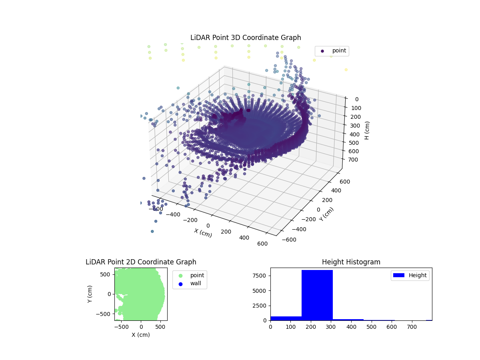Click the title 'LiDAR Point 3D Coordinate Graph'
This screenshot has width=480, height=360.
[x=246, y=38]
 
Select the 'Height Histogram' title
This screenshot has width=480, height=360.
[x=351, y=262]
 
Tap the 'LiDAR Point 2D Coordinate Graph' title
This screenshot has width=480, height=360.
[x=141, y=262]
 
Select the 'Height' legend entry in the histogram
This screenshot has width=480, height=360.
[x=410, y=275]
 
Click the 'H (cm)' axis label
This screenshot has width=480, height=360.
[x=367, y=130]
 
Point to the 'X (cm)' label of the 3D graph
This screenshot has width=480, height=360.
[x=203, y=233]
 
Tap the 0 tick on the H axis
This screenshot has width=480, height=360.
[x=356, y=99]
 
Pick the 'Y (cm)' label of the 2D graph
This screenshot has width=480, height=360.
[x=90, y=294]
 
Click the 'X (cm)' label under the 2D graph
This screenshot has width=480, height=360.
[x=141, y=335]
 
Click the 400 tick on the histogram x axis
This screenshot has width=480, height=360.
[x=351, y=327]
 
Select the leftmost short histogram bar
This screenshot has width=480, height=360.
[x=286, y=318]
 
